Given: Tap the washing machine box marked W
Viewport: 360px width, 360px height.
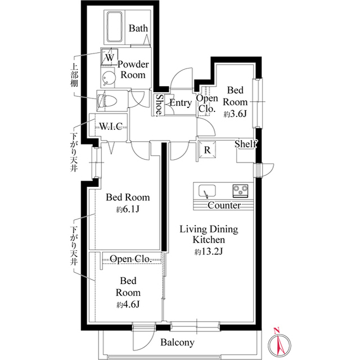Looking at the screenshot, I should pyautogui.click(x=109, y=57).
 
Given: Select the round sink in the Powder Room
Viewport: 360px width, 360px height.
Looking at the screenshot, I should pyautogui.click(x=107, y=77).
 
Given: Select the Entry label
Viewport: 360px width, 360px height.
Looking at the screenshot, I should pyautogui.click(x=180, y=103).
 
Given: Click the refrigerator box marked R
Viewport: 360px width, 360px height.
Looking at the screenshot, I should pyautogui.click(x=207, y=150).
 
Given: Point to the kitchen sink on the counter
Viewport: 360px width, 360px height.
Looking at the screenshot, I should pyautogui.click(x=206, y=191).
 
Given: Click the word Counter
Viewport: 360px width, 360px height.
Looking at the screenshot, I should pyautogui.click(x=224, y=206).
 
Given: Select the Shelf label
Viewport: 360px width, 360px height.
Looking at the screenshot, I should pyautogui.click(x=246, y=144).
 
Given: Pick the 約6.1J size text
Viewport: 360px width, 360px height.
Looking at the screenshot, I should pyautogui.click(x=128, y=209).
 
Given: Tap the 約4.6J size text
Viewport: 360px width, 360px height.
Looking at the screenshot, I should pyautogui.click(x=128, y=304).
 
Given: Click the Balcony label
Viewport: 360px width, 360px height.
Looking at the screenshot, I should pyautogui.click(x=177, y=343).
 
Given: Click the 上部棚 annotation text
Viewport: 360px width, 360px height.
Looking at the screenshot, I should pyautogui.click(x=74, y=73).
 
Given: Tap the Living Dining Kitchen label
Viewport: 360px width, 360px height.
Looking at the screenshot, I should pyautogui.click(x=209, y=235).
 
